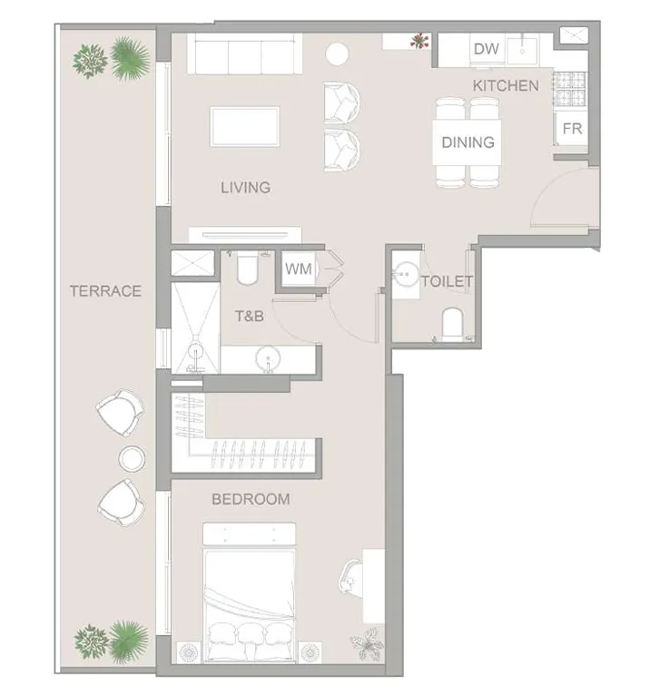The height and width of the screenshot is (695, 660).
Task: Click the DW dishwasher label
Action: point(486,49)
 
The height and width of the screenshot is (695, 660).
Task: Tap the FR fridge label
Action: point(572,129)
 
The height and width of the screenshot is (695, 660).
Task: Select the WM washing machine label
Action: point(299,269)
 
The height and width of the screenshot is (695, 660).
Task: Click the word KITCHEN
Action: point(506,85)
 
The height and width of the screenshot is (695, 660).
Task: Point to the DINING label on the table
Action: point(468,142)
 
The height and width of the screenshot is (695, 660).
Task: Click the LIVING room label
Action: point(246,188)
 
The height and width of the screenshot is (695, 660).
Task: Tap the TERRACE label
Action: point(105,290)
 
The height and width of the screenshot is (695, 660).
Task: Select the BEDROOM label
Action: point(251,499)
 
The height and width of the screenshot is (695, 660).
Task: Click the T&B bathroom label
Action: point(250,316)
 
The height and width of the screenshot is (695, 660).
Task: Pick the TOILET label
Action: point(447,281)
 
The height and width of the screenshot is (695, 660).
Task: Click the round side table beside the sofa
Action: point(337,54)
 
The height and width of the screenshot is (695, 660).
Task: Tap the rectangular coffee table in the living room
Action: point(245,126)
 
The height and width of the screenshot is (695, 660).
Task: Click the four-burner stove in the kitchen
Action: point(570,89)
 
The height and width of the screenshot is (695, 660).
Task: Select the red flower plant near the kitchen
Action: point(419,41)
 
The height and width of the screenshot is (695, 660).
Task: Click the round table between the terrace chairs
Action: point(132,458)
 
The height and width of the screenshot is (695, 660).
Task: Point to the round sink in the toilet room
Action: point(406,274)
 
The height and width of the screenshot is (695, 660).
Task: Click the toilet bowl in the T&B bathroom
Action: point(247,269)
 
